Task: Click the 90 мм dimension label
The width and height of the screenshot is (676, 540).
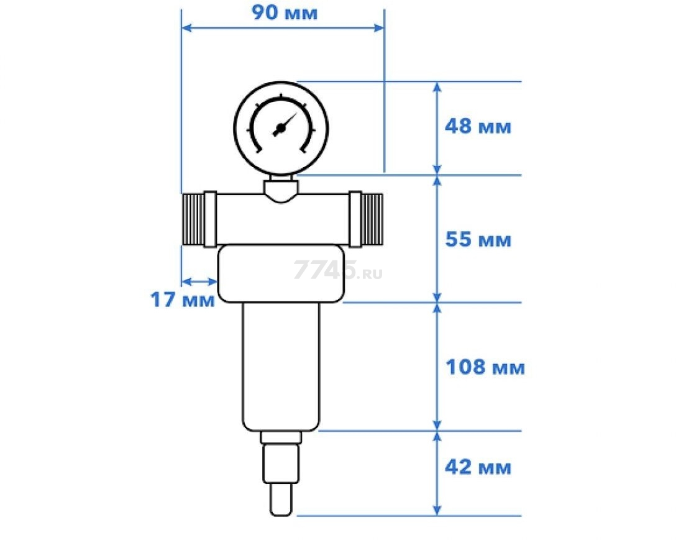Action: click(284, 13)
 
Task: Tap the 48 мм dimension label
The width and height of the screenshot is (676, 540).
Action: click(477, 127)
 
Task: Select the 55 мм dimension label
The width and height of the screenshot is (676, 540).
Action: click(477, 239)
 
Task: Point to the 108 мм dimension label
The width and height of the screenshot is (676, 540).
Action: click(485, 367)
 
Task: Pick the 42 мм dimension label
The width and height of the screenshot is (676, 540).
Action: click(477, 467)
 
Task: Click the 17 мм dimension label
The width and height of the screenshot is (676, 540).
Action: click(182, 300)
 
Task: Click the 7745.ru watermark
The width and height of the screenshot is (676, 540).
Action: click(337, 270)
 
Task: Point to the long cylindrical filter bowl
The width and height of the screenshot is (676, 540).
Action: click(281, 367)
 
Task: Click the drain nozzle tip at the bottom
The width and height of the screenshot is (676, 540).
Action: click(281, 501)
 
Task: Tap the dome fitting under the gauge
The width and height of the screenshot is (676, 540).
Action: click(281, 190)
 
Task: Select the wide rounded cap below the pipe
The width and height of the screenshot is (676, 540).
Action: click(281, 273)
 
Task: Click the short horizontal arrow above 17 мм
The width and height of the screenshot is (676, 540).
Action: click(199, 281)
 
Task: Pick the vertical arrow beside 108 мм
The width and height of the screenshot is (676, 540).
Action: click(437, 367)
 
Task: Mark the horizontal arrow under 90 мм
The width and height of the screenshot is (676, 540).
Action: click(282, 27)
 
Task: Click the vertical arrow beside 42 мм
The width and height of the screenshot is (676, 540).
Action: click(437, 472)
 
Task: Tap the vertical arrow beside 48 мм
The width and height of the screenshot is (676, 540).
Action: click(437, 127)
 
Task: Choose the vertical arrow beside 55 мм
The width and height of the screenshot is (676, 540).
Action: click(437, 239)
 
